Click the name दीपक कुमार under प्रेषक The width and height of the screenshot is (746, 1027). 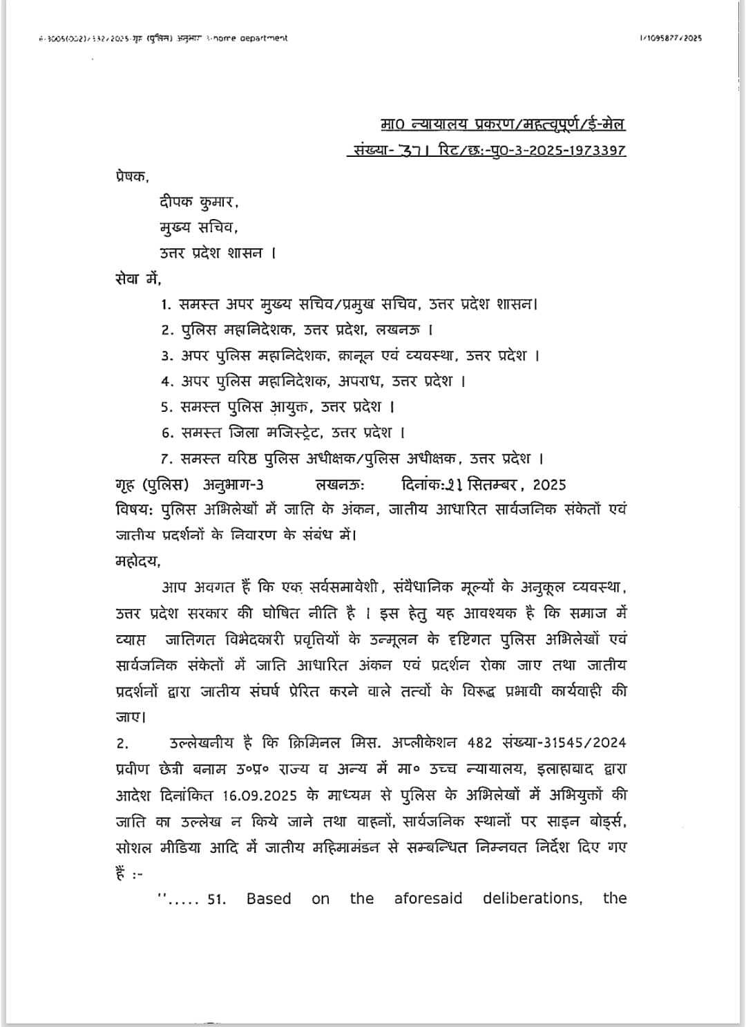coord(199,202)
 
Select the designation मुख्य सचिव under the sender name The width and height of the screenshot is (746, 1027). coord(198,228)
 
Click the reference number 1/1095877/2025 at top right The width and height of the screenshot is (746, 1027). coord(670,38)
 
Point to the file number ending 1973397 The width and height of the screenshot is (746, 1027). coord(596,150)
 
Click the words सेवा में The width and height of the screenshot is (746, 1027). coord(137,279)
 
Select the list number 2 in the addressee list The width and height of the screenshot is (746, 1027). coord(166,330)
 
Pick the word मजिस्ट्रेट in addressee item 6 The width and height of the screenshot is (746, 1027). coord(293,433)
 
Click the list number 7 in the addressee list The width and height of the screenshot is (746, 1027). coord(165,458)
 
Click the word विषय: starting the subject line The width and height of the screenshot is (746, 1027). coord(135,510)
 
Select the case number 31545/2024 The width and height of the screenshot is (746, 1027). coord(584,743)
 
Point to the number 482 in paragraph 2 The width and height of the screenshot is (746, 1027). coord(479,743)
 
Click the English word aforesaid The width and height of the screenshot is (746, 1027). coord(428,898)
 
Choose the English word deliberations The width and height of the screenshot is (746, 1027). coord(532,898)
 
